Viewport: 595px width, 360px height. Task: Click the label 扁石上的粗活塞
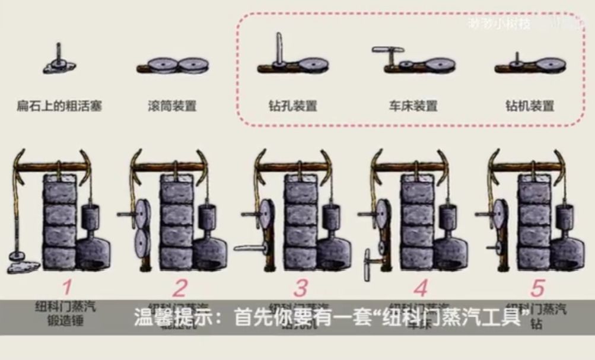tap(59, 107)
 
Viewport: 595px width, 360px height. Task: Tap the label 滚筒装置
tap(172, 107)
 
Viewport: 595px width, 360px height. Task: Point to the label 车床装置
tap(413, 107)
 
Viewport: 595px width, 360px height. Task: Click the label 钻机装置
tap(530, 107)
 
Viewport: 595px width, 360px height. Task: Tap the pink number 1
tap(67, 288)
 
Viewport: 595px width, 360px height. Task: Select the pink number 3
tap(301, 288)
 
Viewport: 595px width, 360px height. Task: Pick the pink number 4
tap(421, 288)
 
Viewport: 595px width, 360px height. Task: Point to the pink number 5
tap(537, 288)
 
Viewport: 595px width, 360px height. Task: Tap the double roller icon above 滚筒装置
tap(172, 65)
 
